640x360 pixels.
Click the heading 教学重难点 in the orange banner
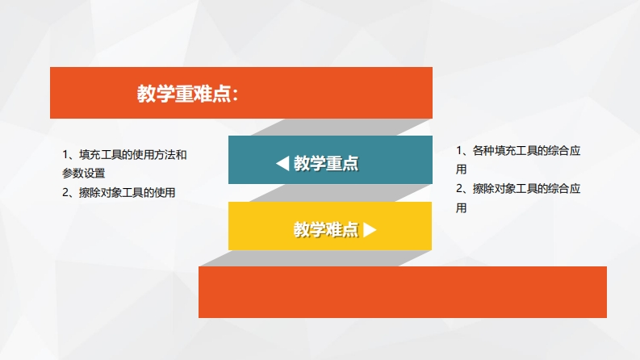(x=184, y=94)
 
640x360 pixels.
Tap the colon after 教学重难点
(x=235, y=94)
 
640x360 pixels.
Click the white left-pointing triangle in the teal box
(x=282, y=163)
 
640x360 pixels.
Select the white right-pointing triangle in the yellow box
(x=370, y=229)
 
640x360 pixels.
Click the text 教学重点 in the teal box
(x=326, y=163)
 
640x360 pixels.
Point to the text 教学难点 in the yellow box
(x=326, y=229)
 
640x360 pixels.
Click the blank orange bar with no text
(x=403, y=292)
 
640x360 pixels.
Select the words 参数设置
(x=84, y=173)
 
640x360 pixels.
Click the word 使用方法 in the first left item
(x=154, y=155)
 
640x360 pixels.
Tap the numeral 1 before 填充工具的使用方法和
(x=65, y=155)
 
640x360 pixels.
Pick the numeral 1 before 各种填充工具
(x=459, y=151)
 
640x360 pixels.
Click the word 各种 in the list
(x=483, y=151)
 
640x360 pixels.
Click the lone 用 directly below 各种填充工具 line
(x=461, y=169)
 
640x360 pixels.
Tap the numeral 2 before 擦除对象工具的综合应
(x=459, y=189)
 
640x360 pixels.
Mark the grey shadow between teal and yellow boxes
(x=341, y=193)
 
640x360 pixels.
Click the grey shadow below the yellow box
(x=316, y=258)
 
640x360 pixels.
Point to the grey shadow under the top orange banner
(x=342, y=128)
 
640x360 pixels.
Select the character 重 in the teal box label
(x=334, y=163)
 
